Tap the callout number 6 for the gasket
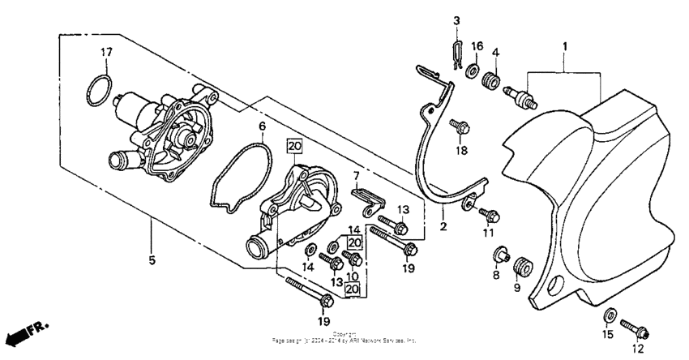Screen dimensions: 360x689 [262, 126]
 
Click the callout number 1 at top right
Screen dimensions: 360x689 [564, 49]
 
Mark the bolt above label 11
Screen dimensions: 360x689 [490, 214]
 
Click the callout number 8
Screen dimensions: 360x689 [495, 276]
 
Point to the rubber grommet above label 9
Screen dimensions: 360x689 [522, 265]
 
